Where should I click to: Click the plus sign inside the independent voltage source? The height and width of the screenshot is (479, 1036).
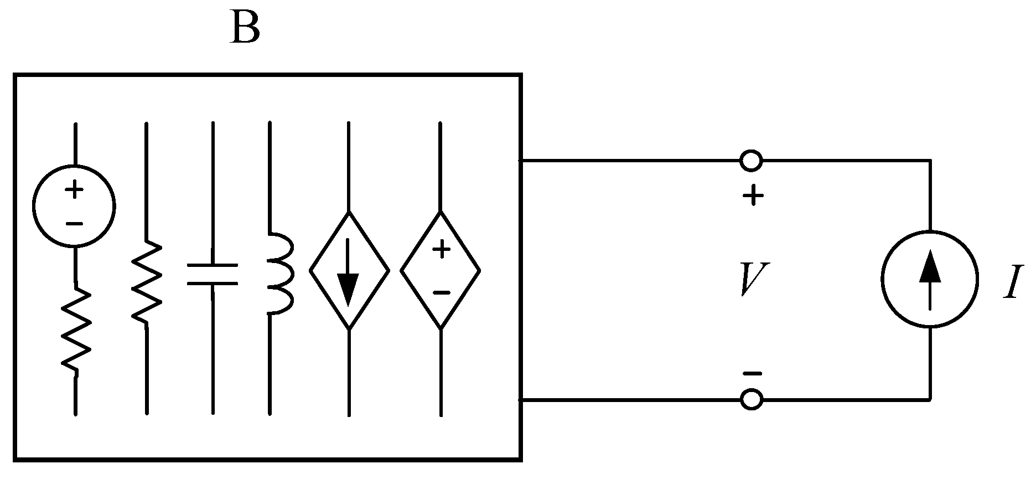(74, 190)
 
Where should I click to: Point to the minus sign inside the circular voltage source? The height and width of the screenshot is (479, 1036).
(74, 224)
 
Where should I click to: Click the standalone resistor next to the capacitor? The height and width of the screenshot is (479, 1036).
(147, 281)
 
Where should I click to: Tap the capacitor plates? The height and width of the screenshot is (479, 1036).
(213, 274)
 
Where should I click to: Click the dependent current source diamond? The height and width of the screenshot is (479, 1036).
(349, 271)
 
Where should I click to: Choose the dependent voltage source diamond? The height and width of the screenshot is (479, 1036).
(441, 271)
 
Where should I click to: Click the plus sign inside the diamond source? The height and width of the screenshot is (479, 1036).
(441, 250)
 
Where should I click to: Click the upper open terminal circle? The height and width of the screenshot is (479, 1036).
(751, 161)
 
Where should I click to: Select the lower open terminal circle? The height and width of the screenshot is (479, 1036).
(751, 399)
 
